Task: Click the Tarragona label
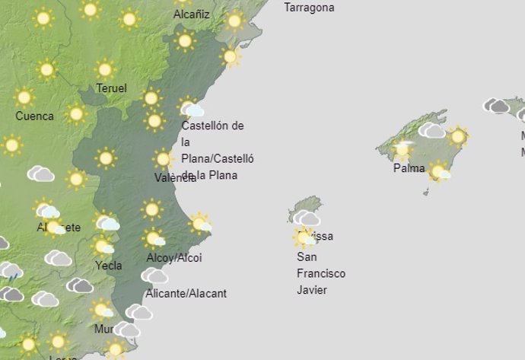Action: (309, 8)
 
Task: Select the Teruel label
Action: (111, 88)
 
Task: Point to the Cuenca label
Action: (34, 116)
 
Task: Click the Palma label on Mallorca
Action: (409, 168)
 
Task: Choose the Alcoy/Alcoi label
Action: (173, 258)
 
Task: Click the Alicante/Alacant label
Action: (186, 293)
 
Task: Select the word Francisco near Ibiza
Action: (320, 273)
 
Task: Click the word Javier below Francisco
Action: (311, 290)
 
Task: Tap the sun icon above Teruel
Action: (105, 69)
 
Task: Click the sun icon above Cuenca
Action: (24, 97)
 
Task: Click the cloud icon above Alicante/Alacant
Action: (155, 275)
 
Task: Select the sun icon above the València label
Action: (162, 159)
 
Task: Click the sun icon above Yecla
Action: (102, 247)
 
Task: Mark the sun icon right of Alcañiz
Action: (234, 21)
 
